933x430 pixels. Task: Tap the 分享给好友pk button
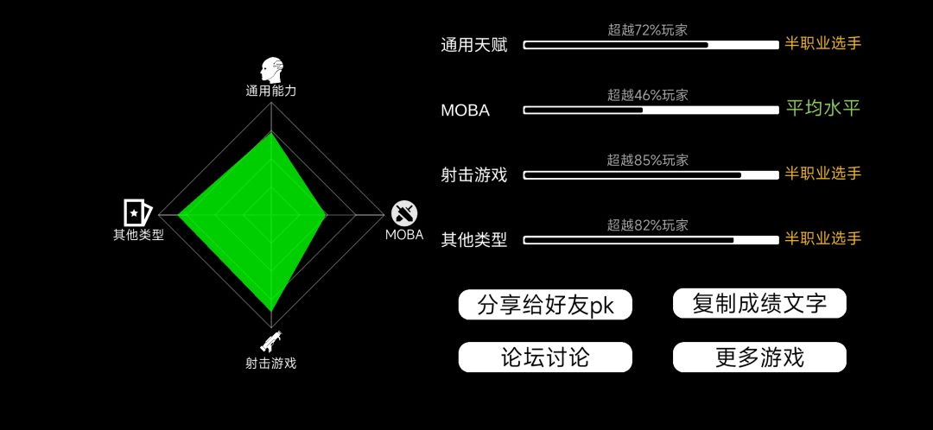point(545,305)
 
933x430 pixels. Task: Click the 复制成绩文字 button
point(759,303)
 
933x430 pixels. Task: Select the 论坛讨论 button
point(545,357)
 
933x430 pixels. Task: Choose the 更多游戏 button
point(759,357)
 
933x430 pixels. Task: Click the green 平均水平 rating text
point(823,108)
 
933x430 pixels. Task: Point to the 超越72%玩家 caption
point(647,29)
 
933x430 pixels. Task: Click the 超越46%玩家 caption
point(647,95)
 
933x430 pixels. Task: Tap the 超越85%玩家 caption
point(647,160)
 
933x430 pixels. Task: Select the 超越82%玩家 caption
point(647,224)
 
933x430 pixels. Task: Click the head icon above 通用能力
point(271,70)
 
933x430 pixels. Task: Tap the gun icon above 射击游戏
point(270,341)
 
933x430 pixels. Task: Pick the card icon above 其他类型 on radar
point(138,212)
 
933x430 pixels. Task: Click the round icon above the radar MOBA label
point(404,213)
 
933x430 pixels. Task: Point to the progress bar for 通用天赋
point(651,45)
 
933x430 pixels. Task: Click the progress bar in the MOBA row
point(651,110)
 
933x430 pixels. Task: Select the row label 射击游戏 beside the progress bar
point(474,175)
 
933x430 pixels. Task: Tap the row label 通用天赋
point(474,45)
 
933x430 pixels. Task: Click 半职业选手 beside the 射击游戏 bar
point(823,174)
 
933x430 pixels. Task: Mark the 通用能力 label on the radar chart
point(270,91)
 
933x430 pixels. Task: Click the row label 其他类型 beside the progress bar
point(474,240)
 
